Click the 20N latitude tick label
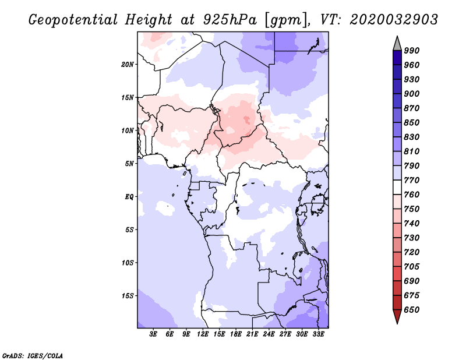[x=127, y=65]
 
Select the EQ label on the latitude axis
[x=129, y=197]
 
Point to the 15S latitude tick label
[x=127, y=296]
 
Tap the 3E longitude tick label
[x=153, y=334]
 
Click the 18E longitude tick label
[x=236, y=334]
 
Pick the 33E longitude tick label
[x=318, y=334]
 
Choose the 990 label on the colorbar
[x=412, y=51]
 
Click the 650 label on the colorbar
[x=412, y=310]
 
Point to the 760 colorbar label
[x=412, y=195]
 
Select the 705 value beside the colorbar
[x=412, y=266]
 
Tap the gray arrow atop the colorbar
[x=397, y=43]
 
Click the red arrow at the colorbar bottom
[x=397, y=317]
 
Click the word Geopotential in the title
[x=73, y=20]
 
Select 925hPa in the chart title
[x=230, y=20]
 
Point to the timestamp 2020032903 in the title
[x=394, y=20]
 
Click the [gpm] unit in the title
[x=285, y=20]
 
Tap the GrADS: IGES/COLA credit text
[x=33, y=355]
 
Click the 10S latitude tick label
[x=127, y=263]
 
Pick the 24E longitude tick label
[x=269, y=334]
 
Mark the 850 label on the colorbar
[x=412, y=122]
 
